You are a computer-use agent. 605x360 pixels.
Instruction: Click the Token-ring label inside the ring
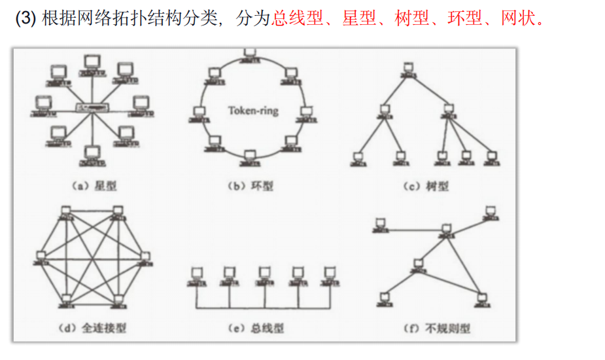pos(252,110)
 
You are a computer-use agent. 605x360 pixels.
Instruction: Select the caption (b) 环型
pos(251,186)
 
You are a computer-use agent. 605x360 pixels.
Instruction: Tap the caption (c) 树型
pos(427,186)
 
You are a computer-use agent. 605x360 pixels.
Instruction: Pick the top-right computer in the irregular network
pos(490,212)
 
